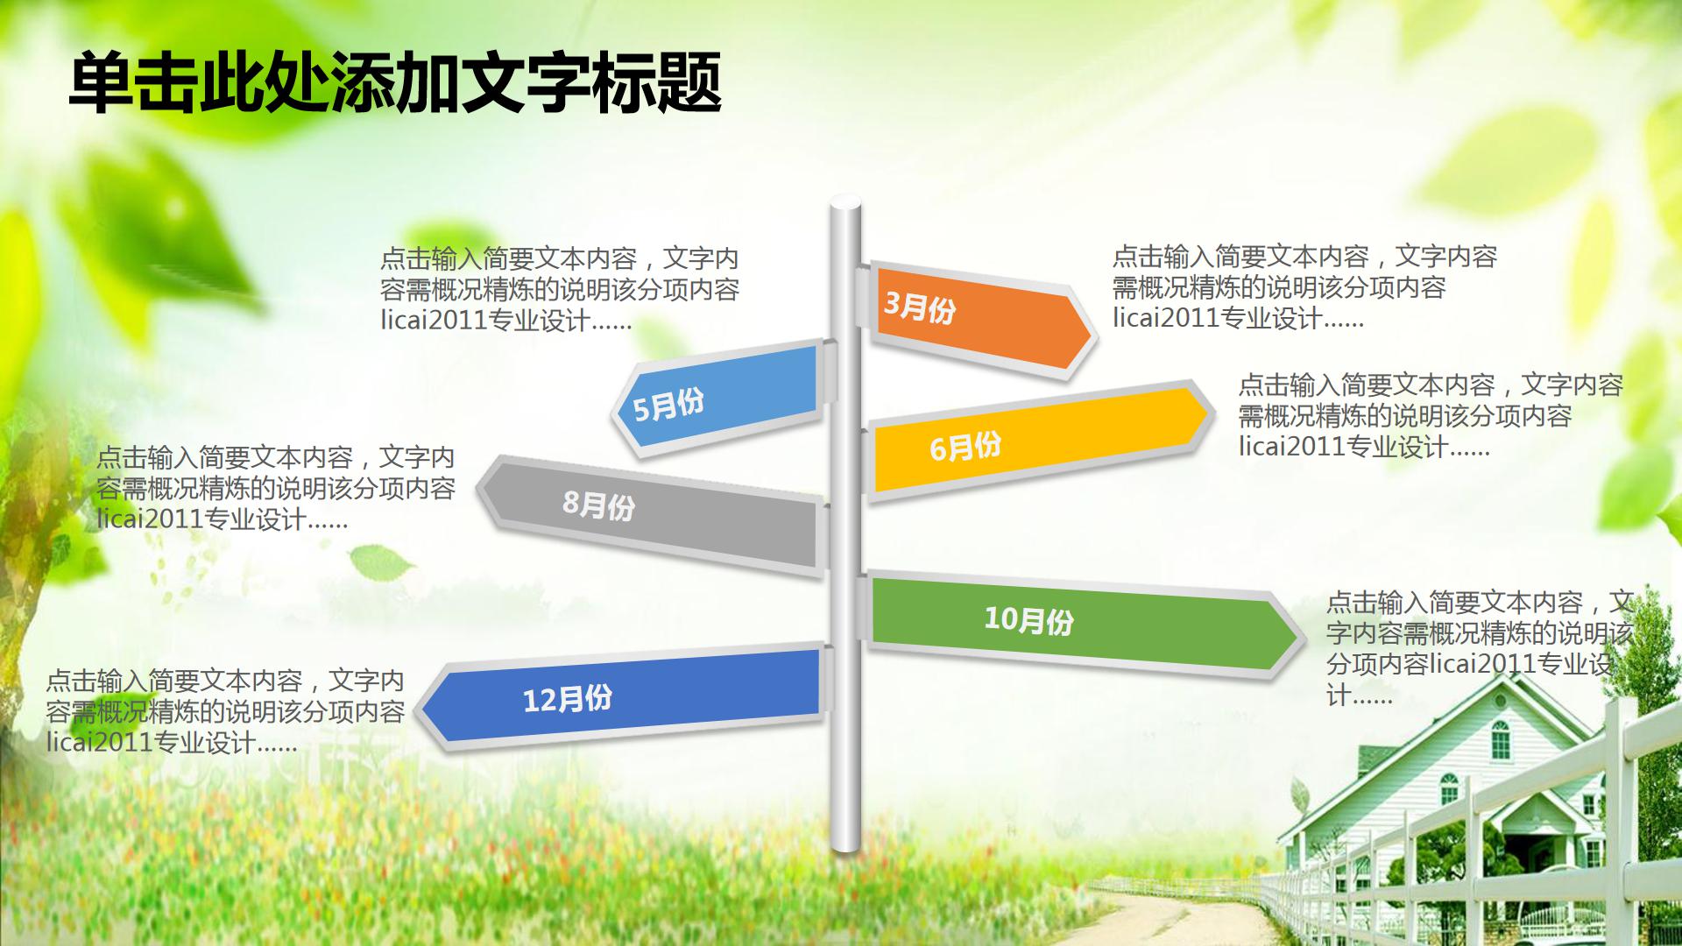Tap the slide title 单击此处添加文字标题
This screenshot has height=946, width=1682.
395,83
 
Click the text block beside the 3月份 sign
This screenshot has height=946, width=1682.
1304,287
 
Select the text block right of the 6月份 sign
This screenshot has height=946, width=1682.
1430,416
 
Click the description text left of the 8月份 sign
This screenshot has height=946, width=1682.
276,489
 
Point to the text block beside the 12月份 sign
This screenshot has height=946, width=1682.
225,712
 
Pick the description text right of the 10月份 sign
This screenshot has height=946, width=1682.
1479,648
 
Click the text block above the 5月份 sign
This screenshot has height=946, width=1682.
560,289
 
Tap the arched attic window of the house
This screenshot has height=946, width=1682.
1501,738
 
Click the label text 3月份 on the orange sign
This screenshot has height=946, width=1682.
919,307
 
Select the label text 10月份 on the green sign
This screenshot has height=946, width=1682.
1028,620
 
